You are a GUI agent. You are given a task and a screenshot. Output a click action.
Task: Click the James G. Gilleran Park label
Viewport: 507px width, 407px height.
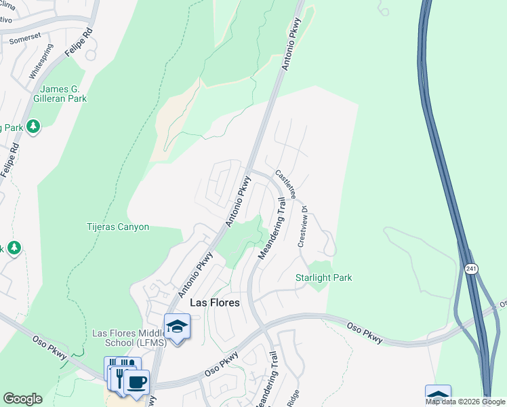[64, 94]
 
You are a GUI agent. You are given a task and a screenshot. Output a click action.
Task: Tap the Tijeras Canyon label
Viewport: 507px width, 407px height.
[117, 227]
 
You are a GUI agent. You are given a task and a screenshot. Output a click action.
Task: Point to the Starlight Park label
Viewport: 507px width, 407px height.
[323, 277]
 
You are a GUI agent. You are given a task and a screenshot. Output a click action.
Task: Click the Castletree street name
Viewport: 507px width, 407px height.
[285, 185]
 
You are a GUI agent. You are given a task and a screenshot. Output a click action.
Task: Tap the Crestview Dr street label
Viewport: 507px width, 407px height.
[302, 227]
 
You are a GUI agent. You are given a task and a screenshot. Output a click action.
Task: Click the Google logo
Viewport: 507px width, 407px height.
[22, 399]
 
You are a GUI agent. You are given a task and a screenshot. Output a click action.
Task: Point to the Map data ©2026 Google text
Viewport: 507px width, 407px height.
[465, 402]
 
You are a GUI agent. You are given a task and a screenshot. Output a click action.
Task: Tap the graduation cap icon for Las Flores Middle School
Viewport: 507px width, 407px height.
[177, 326]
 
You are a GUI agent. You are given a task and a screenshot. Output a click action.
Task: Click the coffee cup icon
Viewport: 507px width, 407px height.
[137, 382]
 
